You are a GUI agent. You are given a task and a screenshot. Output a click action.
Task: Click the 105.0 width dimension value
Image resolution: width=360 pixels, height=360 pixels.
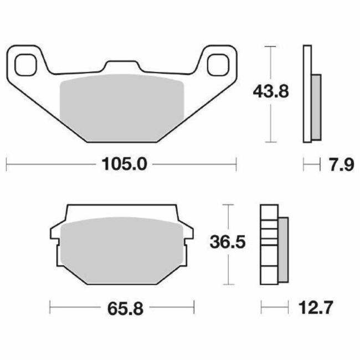(x=121, y=165)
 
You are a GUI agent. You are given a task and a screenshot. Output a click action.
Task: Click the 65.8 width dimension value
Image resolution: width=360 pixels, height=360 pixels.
(x=121, y=308)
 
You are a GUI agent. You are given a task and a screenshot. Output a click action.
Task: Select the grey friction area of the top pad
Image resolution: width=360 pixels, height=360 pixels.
(x=121, y=108)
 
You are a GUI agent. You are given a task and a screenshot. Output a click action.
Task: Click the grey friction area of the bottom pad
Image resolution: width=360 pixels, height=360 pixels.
(x=121, y=249)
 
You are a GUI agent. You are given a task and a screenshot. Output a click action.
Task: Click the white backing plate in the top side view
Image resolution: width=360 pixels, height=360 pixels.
(x=306, y=94)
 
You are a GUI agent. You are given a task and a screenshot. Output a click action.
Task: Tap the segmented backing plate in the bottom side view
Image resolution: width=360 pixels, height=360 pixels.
(x=269, y=244)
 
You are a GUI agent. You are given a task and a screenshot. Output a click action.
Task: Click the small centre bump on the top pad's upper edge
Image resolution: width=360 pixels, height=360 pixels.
(x=121, y=66)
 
